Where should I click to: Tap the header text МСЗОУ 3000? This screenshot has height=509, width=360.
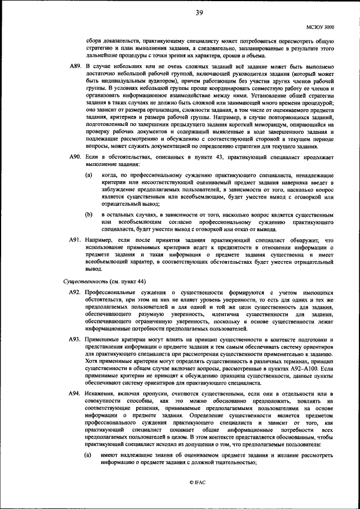click(x=320, y=26)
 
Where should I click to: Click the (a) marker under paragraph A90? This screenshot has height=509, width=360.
click(x=89, y=175)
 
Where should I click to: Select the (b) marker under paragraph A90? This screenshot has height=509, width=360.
click(x=89, y=215)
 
